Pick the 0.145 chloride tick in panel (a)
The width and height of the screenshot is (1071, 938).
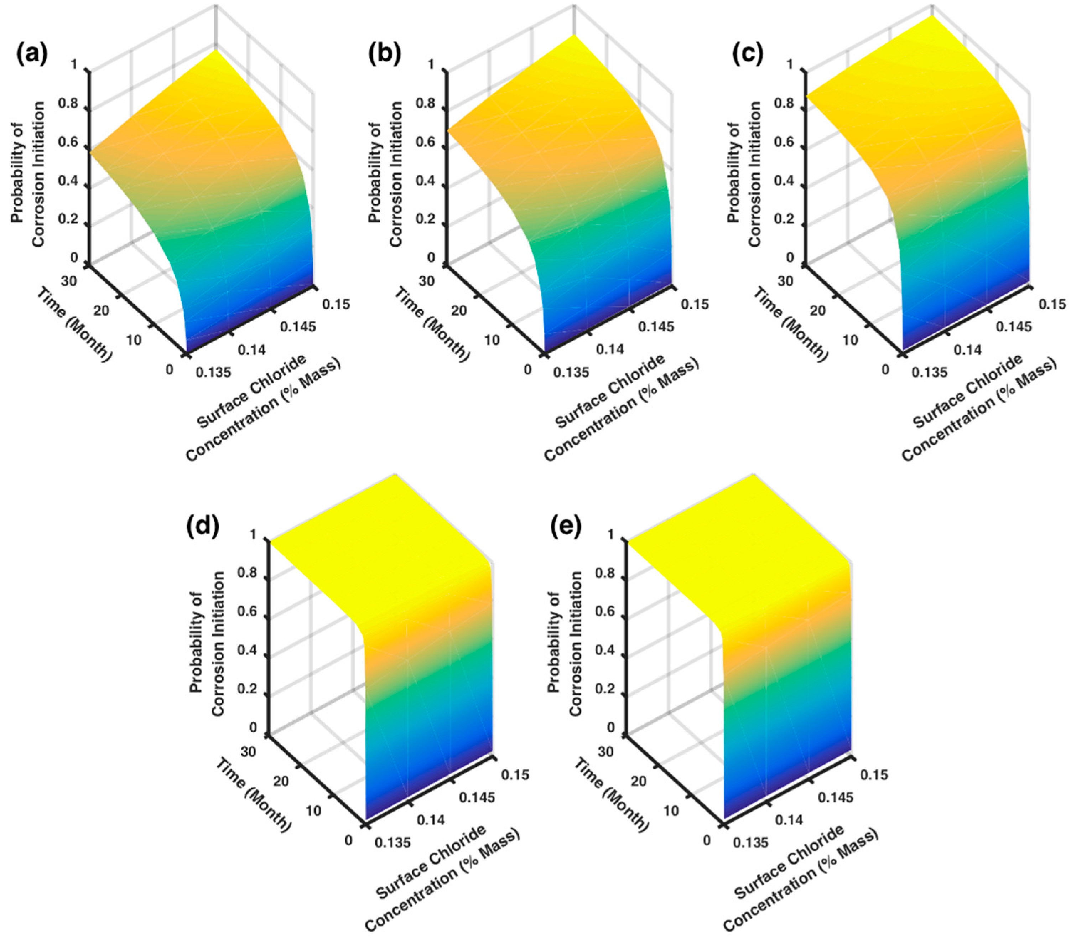pos(298,327)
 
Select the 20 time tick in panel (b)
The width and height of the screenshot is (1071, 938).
pos(459,310)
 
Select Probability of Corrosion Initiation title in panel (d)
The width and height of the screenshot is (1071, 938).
pos(207,644)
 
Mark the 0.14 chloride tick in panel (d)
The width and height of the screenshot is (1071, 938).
pos(431,820)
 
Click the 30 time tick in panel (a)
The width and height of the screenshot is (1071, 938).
pos(68,281)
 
